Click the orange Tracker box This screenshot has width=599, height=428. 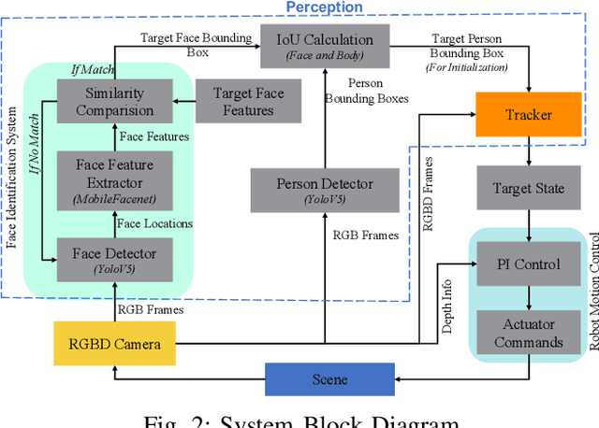(x=529, y=115)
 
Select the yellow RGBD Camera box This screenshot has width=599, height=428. (x=114, y=343)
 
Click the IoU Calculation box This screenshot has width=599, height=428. (x=324, y=46)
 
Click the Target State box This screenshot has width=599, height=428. (x=529, y=188)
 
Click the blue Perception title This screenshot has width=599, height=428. (x=324, y=7)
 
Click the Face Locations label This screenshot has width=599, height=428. (x=153, y=222)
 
